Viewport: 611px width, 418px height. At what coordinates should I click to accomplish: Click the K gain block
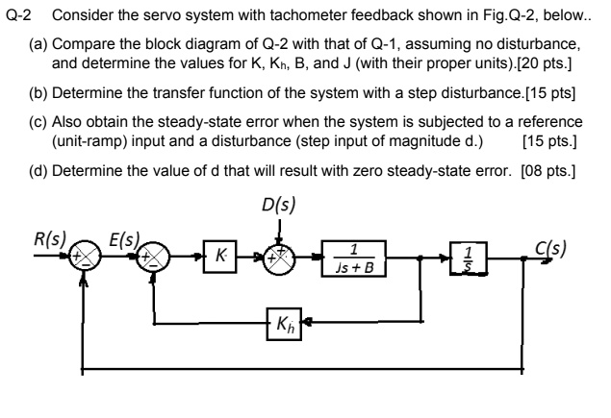pyautogui.click(x=221, y=258)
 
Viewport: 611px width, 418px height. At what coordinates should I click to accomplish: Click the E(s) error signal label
pyautogui.click(x=123, y=236)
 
